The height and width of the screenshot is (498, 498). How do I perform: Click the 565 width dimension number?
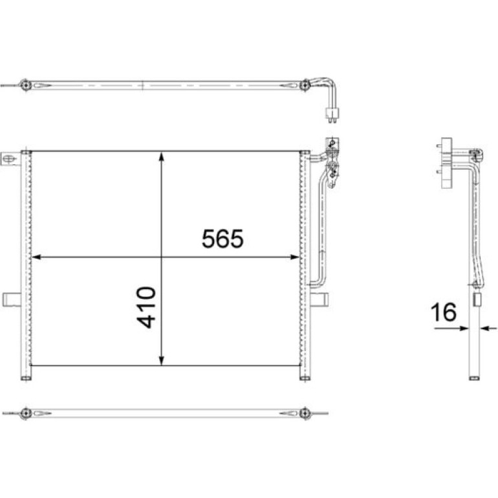[222, 238]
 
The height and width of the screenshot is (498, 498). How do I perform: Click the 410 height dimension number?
[147, 307]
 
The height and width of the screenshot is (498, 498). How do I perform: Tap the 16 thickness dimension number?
[444, 312]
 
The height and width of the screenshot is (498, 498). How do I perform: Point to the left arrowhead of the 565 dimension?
[36, 257]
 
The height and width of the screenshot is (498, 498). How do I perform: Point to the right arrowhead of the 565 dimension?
[295, 257]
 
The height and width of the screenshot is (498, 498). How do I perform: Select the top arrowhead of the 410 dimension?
[162, 157]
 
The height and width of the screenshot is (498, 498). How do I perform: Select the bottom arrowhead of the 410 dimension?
[162, 360]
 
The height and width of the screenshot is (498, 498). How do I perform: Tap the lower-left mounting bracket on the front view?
[12, 300]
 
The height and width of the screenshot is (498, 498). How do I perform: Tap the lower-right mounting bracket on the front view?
[319, 300]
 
